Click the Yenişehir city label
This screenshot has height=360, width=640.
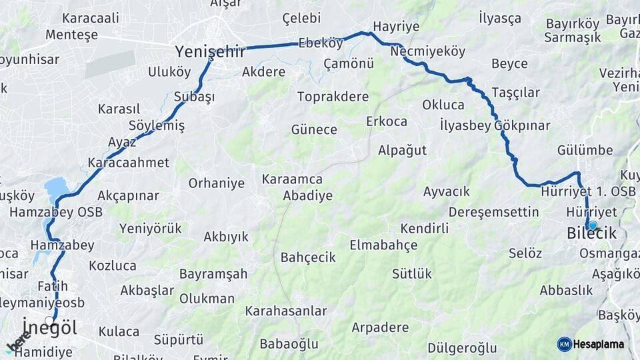(210, 51)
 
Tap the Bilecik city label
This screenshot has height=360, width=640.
(591, 234)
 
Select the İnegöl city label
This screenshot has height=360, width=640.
(49, 328)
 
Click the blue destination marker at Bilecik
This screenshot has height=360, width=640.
(592, 225)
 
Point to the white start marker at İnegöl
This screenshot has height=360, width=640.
(49, 321)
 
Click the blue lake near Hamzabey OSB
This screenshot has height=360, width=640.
(56, 189)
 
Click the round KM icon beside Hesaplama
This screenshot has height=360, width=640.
(565, 344)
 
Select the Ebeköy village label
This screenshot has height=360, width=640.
(320, 43)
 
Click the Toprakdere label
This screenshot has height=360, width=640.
(333, 97)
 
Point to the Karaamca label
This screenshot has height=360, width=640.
(292, 179)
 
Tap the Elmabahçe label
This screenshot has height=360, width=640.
(383, 245)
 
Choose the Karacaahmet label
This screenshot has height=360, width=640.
(128, 163)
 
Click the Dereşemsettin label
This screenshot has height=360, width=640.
(493, 212)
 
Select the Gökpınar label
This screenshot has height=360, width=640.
(522, 125)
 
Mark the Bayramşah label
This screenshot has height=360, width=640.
(213, 274)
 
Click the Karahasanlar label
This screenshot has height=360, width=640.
(286, 311)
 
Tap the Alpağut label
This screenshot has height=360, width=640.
(402, 150)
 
